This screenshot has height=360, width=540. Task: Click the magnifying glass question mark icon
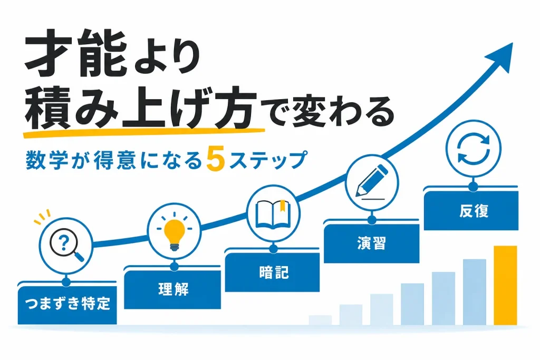click(65, 245)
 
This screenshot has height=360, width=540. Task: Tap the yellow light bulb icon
click(174, 232)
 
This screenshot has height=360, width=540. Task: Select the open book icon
click(273, 214)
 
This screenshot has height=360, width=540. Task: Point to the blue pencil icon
click(371, 182)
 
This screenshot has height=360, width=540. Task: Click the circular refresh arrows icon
click(473, 148)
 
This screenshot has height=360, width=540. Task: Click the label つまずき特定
click(67, 304)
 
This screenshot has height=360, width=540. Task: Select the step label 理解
click(173, 289)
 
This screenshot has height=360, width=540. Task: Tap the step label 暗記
click(274, 272)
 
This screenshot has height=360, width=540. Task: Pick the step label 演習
click(371, 243)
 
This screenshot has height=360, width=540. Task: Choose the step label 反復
click(474, 211)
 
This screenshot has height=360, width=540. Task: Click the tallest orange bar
click(505, 285)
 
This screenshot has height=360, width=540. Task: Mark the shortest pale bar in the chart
click(320, 320)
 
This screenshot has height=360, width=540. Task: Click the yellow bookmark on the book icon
click(283, 205)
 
